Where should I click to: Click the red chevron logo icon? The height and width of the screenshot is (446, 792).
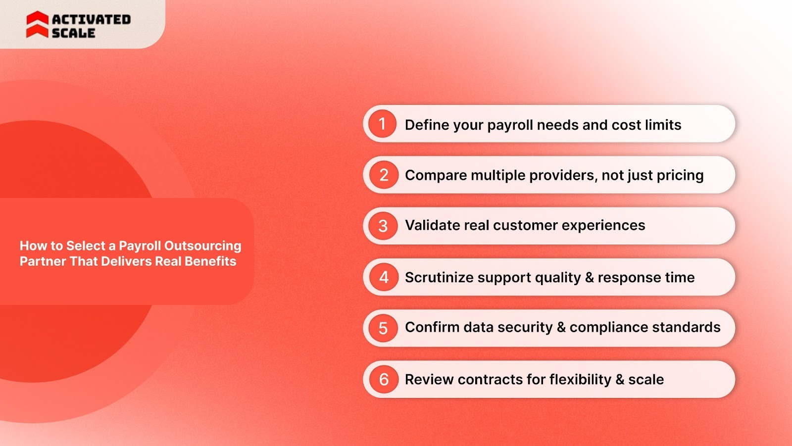37,25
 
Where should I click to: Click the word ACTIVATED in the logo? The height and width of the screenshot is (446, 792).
91,19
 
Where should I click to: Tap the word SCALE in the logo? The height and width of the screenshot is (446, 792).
73,33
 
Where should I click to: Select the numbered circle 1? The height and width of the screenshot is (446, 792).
382,124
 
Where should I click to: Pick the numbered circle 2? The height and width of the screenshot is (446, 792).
384,175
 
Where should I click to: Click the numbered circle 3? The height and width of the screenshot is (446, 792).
383,226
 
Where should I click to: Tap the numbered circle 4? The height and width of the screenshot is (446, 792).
384,277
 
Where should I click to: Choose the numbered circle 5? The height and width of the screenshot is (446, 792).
383,328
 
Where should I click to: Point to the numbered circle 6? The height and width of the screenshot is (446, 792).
384,379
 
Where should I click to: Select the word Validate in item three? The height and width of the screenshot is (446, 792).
433,225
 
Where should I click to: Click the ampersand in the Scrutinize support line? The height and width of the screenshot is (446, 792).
589,277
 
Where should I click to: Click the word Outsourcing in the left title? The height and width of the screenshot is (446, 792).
202,246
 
